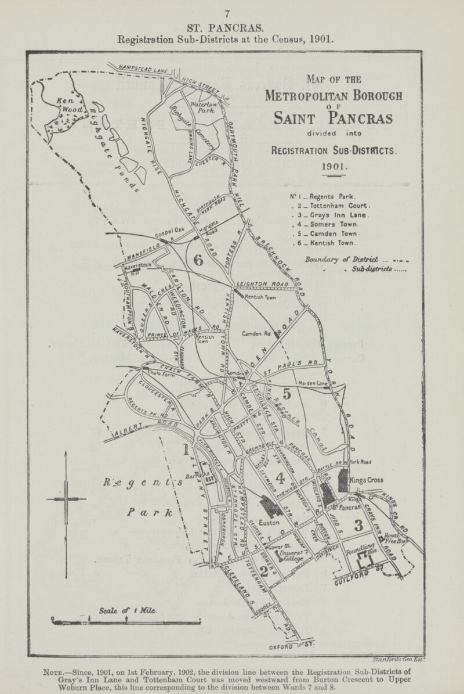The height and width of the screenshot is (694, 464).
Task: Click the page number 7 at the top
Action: (x=231, y=13)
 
